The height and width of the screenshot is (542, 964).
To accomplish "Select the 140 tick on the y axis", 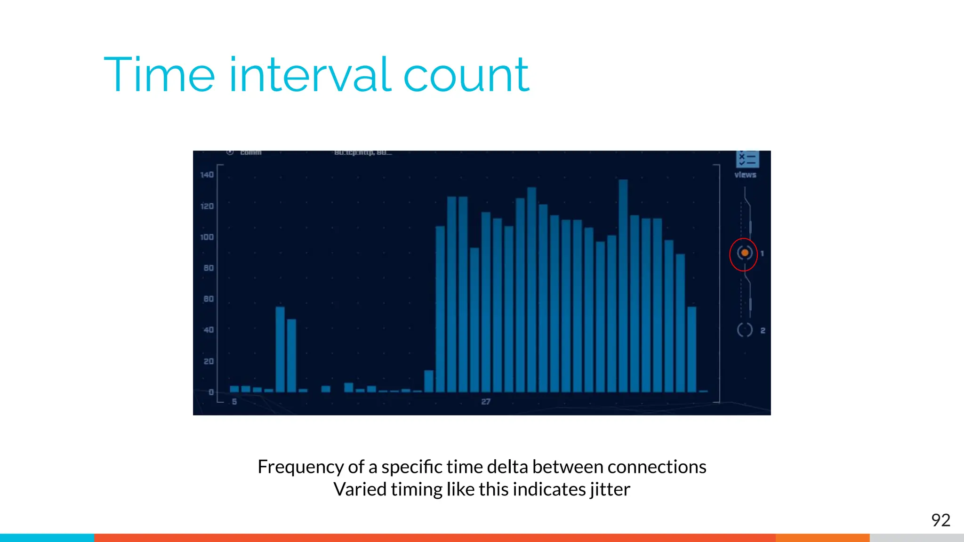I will pos(207,175).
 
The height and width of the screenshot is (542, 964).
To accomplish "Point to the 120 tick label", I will pos(207,206).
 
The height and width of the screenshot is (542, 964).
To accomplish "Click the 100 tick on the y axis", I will pos(207,237).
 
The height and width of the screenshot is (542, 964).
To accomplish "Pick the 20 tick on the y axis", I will pos(209,361).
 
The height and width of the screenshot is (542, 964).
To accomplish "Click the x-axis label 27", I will pos(486,402).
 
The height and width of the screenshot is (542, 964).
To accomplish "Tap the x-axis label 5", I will pos(234,402).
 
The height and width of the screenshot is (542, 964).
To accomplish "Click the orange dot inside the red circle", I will pos(745,253).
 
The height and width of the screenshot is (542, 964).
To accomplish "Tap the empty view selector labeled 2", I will pos(745,330).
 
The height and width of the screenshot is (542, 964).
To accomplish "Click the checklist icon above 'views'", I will pos(747,159).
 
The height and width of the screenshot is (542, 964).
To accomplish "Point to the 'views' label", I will pos(745,175).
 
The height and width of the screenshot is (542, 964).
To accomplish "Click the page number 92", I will pos(940,520).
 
